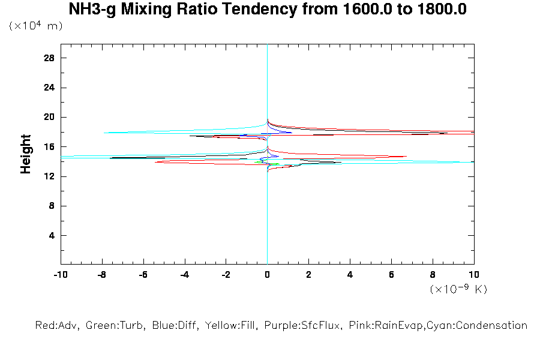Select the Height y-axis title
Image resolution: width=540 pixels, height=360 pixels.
[x=26, y=154]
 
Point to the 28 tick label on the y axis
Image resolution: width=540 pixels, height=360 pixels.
[x=49, y=58]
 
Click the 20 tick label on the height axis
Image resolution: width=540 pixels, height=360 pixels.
[x=49, y=117]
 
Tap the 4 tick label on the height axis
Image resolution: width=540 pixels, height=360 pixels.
[x=52, y=235]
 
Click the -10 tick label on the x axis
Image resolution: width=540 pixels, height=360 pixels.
[x=60, y=275]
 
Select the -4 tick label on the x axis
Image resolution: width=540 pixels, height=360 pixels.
[x=184, y=275]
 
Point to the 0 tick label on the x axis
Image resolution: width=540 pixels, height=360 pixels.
[x=267, y=275]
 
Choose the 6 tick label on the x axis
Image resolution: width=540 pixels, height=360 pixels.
[x=391, y=275]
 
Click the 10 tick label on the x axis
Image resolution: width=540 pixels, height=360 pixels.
[x=474, y=275]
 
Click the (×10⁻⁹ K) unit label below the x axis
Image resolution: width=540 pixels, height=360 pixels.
[x=458, y=290]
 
